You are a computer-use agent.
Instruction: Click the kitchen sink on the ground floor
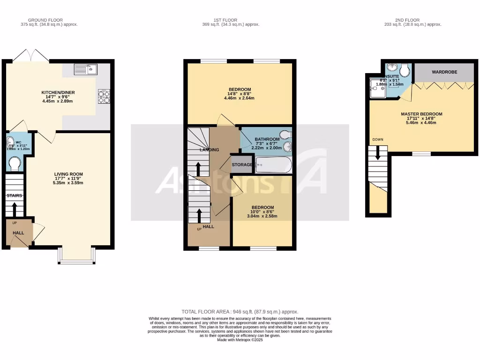pyautogui.click(x=85, y=69)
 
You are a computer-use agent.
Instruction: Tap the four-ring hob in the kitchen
pyautogui.click(x=104, y=96)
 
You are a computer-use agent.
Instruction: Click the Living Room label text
pyautogui.click(x=69, y=174)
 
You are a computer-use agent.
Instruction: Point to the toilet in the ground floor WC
pyautogui.click(x=15, y=163)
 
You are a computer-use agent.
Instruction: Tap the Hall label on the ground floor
pyautogui.click(x=18, y=233)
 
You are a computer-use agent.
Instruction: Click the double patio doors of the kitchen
pyautogui.click(x=30, y=56)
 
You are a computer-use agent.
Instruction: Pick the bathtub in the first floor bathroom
pyautogui.click(x=273, y=165)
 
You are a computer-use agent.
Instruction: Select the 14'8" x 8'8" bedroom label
pyautogui.click(x=240, y=90)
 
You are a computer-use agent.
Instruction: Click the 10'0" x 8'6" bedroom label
pyautogui.click(x=262, y=208)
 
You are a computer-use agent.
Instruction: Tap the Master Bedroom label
pyautogui.click(x=421, y=114)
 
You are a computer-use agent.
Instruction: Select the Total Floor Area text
pyautogui.click(x=240, y=312)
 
